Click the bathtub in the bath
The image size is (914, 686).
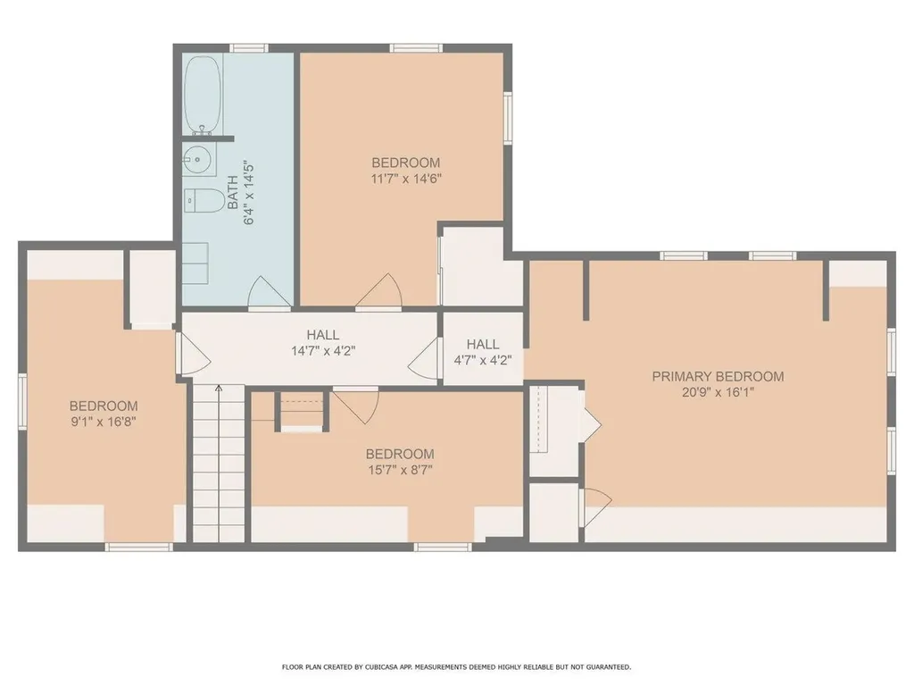point(203,96)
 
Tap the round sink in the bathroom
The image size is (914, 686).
point(196,157)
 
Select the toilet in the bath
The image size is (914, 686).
point(204,201)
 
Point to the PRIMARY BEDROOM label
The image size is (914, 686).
point(718,376)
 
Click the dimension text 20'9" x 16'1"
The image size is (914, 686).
point(718,392)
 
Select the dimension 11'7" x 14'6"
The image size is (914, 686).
point(406,179)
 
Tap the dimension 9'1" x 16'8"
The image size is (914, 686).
point(104,422)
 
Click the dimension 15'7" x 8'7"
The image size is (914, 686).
point(400,470)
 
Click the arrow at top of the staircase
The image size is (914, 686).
point(219,389)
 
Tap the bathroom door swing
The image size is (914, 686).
point(269,291)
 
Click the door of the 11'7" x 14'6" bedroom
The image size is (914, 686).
point(378,290)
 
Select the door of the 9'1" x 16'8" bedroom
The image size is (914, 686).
point(193,354)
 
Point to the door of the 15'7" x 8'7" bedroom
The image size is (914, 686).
point(356,407)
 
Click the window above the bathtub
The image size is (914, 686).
point(248,48)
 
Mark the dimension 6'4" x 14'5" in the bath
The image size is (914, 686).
point(249,193)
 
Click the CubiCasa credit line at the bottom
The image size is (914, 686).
point(456,666)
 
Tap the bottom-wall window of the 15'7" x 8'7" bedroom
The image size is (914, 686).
point(443,548)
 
